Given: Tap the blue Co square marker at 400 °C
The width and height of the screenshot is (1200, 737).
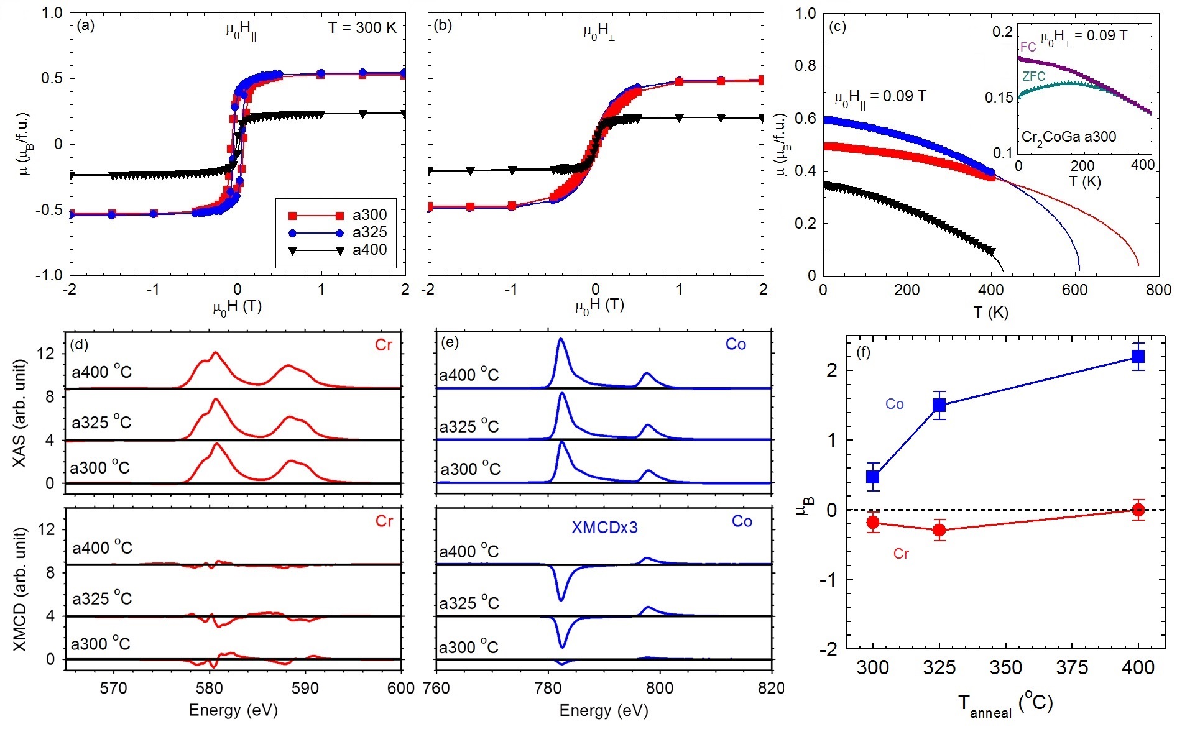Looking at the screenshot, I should [1138, 356].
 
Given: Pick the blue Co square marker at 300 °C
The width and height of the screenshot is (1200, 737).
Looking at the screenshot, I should [873, 477].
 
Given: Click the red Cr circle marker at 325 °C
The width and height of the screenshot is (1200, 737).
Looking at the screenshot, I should [939, 530].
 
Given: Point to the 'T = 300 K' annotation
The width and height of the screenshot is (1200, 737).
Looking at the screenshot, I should [362, 27].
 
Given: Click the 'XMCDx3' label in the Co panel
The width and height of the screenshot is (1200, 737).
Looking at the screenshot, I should [604, 528].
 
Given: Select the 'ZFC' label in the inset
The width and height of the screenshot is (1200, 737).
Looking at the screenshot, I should [1033, 76].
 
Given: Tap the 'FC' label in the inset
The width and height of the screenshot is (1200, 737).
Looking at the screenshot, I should [1028, 47].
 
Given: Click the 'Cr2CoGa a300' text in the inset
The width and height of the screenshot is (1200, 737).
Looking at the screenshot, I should [1068, 137].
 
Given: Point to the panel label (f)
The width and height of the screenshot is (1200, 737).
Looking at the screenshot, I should [863, 352].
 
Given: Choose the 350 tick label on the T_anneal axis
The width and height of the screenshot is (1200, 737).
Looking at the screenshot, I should [1005, 668].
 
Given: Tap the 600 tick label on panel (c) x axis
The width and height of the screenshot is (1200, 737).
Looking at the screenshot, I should [1074, 290].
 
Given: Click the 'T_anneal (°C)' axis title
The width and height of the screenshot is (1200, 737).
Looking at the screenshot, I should [1005, 705].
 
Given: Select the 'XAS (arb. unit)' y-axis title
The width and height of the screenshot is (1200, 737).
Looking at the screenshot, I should [20, 413].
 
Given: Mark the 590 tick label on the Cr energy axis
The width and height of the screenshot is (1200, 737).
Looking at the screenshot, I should [305, 689].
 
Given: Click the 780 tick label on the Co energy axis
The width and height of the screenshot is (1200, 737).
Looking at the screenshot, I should [548, 689].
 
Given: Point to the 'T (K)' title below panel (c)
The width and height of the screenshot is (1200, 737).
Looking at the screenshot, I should [990, 313].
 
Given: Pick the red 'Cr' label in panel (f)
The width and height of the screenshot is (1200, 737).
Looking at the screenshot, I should [901, 554].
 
